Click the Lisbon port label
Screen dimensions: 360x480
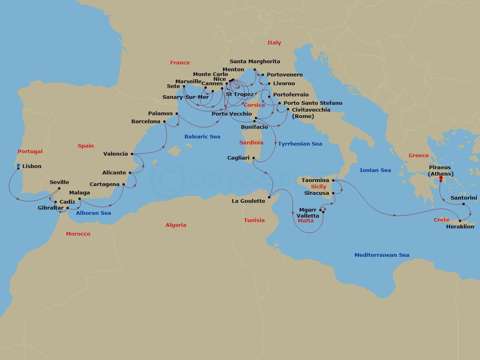32,166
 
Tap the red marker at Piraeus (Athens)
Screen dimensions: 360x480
441,178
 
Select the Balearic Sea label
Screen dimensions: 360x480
202,136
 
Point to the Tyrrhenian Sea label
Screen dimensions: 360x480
300,144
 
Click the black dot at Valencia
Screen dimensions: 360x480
132,154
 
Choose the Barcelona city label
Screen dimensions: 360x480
146,121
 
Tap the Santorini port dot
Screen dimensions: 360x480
464,204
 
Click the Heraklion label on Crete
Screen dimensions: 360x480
460,226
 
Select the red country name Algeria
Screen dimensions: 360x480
176,225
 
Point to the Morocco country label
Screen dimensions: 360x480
78,234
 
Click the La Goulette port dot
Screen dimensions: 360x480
270,196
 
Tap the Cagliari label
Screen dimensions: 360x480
238,158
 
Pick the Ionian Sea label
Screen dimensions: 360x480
375,170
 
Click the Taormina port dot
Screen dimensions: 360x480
333,180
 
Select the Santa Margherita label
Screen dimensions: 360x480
255,61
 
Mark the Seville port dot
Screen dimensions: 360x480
59,188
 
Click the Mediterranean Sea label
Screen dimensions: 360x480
382,255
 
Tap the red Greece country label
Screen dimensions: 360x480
418,155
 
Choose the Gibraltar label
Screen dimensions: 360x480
51,208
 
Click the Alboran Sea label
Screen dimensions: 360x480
94,213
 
